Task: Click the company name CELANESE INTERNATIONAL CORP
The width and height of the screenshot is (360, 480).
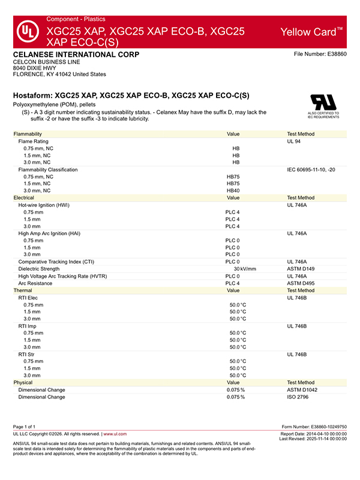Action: pos(76,55)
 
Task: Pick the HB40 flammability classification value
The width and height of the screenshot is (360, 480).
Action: pos(233,190)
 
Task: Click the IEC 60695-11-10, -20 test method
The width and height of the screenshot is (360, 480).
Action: pos(311,170)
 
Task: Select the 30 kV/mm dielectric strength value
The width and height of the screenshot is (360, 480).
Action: pos(244,269)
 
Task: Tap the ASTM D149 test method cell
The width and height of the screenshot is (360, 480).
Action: pos(301,269)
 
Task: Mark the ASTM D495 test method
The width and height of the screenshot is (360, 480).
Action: pos(301,283)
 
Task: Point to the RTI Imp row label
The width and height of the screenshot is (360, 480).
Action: pos(32,326)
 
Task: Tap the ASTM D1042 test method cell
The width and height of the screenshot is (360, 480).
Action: pos(302,389)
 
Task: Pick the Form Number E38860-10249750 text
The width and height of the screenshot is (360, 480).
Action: pos(314,426)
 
